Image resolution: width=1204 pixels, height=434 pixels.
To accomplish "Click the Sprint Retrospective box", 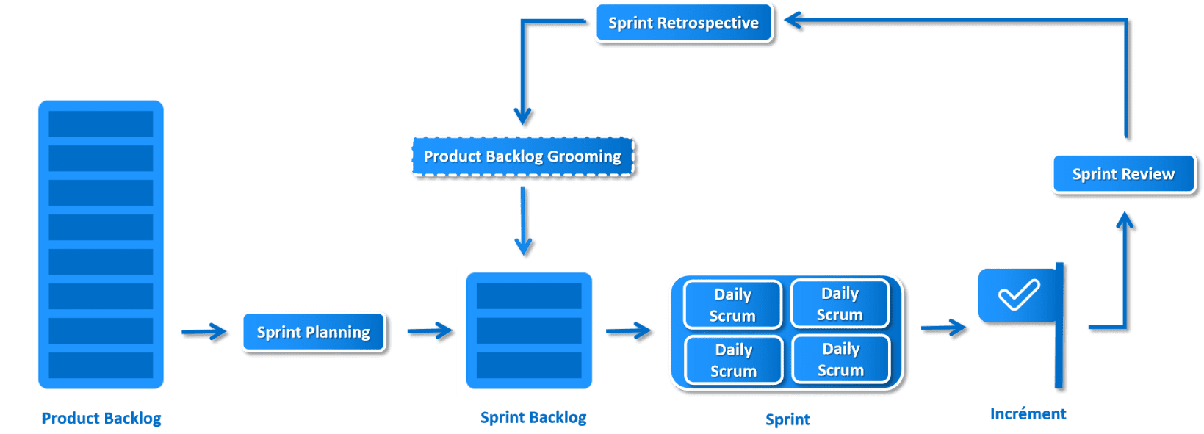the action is coord(684,23).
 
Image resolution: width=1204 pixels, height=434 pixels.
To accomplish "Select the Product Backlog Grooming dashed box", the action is coord(522,156).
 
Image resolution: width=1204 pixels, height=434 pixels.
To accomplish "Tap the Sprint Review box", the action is coord(1124,174).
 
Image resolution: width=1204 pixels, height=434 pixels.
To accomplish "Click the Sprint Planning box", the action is coord(314,333).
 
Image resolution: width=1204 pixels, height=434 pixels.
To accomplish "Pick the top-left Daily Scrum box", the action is coord(732,305).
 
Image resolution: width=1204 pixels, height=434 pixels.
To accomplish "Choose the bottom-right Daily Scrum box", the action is coord(841,359).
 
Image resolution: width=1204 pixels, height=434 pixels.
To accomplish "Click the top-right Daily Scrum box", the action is coord(840,303).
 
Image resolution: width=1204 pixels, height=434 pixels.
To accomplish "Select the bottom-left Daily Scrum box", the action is coord(734,360).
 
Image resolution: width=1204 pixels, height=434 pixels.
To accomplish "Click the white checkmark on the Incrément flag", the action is coord(1019,294).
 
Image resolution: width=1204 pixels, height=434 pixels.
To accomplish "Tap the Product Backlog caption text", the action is coord(101,419).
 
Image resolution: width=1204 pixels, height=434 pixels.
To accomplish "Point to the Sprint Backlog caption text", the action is coord(533,417).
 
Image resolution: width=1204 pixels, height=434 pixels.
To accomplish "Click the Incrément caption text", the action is coord(1028,414).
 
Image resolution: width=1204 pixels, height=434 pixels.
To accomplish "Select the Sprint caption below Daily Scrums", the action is coord(787,419).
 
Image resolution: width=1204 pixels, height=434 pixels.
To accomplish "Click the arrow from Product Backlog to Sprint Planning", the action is coord(204,332).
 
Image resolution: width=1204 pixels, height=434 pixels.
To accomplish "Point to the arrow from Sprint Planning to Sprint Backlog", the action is coord(430,331).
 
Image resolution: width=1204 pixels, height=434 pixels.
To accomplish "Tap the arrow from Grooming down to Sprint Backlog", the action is coord(523,221).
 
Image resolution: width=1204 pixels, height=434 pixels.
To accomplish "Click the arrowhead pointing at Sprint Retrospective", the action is coord(793,21).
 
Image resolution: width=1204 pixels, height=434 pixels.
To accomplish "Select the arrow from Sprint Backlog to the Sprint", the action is coord(628,331).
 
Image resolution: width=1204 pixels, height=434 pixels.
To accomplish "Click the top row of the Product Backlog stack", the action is coord(101,124).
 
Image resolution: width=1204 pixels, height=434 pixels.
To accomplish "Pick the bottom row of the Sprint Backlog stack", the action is coord(529,365).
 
